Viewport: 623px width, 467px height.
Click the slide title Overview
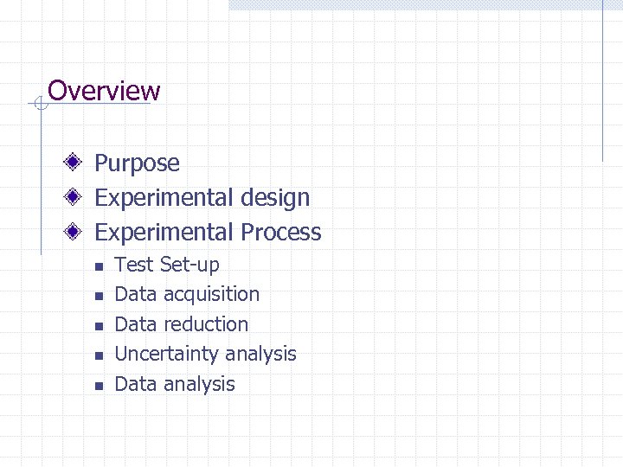tap(104, 91)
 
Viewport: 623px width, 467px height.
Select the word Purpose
tap(137, 163)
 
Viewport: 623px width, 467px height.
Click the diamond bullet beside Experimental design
tap(76, 197)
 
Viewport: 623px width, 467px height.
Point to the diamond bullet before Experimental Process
tap(76, 232)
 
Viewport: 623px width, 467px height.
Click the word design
tap(275, 198)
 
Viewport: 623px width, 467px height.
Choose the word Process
tap(281, 232)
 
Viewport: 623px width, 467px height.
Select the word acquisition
tap(211, 295)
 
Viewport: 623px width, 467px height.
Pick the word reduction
tap(206, 324)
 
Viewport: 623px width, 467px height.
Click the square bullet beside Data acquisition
tap(99, 297)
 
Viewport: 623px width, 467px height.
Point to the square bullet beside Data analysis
tap(99, 386)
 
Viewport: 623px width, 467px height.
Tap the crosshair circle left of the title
tap(39, 105)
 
